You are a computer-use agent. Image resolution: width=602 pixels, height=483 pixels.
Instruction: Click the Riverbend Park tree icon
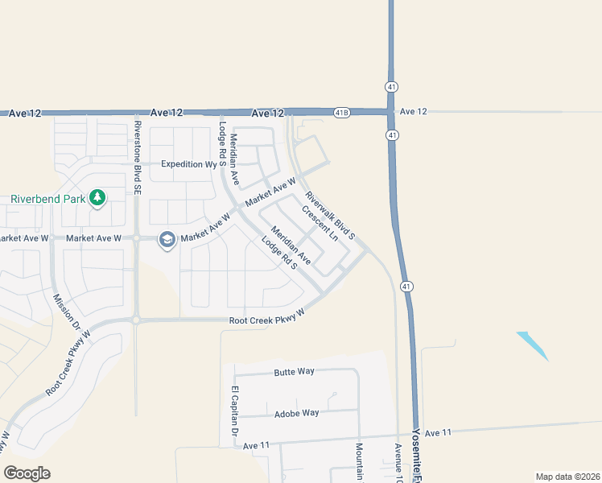point(97,197)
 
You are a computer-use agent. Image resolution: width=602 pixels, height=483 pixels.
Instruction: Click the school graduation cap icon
point(167,238)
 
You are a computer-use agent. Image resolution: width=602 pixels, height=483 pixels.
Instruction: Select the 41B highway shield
point(341,113)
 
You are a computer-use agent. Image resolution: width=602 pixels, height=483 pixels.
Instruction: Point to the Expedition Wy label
point(190,164)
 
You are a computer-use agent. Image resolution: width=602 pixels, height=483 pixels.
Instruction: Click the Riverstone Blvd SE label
point(137,145)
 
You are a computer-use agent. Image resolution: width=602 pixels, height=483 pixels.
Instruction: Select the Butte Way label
point(295,372)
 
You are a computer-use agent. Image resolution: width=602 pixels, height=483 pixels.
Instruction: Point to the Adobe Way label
point(298,413)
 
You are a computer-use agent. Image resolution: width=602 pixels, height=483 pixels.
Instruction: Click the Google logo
point(27,473)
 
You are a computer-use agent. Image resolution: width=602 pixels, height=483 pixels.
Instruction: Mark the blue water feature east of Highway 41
point(532,345)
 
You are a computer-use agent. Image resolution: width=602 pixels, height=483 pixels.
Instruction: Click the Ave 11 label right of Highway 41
point(438,433)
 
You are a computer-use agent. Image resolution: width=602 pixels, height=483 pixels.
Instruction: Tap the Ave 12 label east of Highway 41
point(413,111)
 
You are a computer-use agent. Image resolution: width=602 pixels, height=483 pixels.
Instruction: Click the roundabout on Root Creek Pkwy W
point(136,320)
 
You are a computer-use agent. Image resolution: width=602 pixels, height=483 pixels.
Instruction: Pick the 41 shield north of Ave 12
point(390,85)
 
